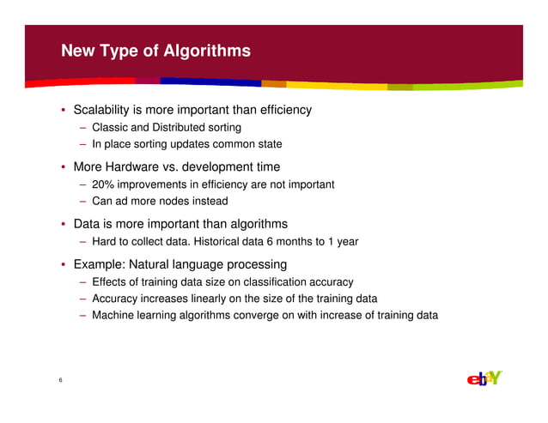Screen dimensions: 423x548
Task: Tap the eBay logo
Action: [484, 378]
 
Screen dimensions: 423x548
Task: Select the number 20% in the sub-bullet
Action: [104, 184]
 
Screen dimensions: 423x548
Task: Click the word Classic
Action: [110, 128]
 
